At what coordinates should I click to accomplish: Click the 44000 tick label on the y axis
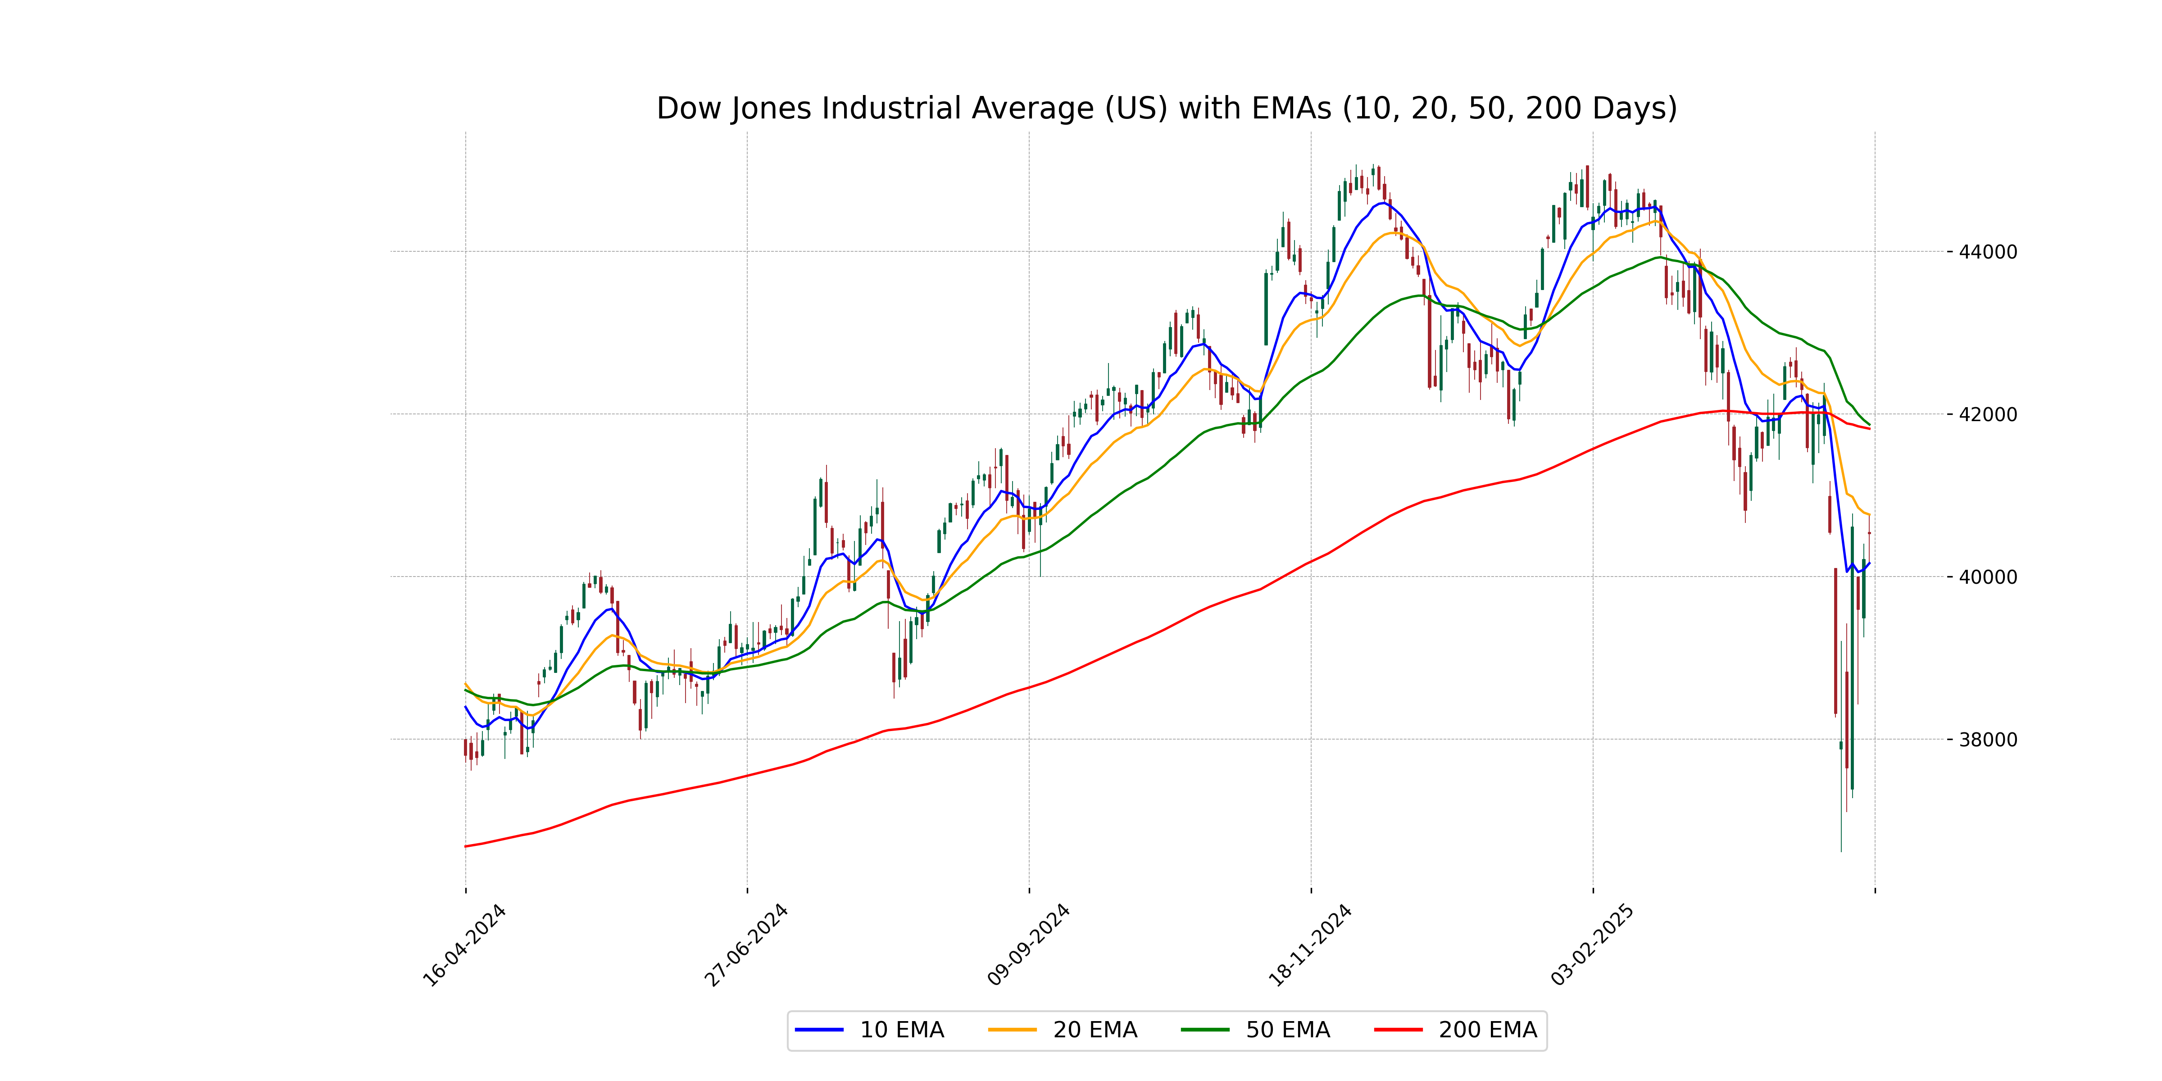coord(1987,252)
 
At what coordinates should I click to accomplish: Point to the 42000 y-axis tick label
coord(1987,414)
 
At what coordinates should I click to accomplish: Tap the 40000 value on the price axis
coord(1987,577)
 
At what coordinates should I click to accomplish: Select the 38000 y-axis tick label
coord(1987,740)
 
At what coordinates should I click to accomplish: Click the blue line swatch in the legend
coord(819,1030)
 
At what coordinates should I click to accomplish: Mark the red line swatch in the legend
coord(1398,1030)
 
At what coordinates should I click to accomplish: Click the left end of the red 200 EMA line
coord(466,846)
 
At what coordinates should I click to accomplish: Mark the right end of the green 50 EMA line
coord(1869,425)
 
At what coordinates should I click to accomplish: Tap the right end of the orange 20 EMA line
coord(1869,514)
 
